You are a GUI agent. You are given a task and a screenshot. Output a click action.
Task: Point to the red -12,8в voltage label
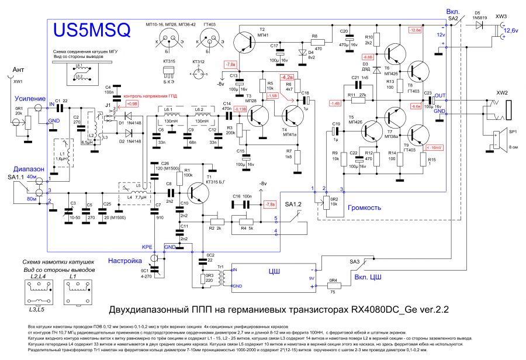[416, 30]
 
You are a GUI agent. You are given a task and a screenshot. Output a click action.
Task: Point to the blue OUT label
[440, 95]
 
